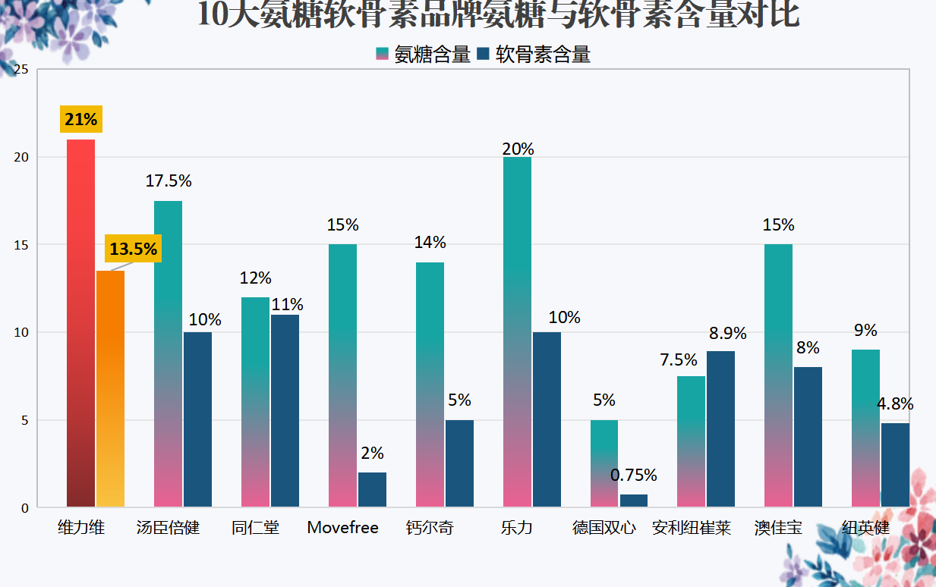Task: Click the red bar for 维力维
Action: pos(80,323)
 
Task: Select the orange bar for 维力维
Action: pos(110,389)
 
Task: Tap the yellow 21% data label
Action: pos(81,119)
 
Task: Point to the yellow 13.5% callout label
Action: pos(134,249)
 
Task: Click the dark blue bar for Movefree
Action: pos(372,490)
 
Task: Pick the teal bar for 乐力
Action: pos(517,332)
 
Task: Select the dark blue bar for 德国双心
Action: pos(634,501)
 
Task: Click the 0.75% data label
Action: pos(633,475)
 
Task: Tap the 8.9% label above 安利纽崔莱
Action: pos(727,333)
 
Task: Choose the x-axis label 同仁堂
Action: pos(255,528)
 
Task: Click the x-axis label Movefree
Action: pos(342,528)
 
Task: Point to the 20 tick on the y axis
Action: pos(21,158)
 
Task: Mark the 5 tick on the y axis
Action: pos(24,420)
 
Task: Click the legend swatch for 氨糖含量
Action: pos(383,54)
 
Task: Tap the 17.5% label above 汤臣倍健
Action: pos(169,180)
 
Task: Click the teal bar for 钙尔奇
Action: pos(430,385)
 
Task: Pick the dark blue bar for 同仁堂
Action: pos(285,411)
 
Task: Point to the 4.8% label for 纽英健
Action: pos(895,403)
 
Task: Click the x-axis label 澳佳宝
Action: pos(778,528)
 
